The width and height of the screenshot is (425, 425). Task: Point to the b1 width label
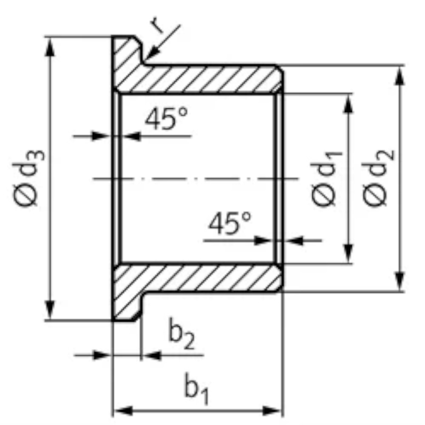click(x=196, y=388)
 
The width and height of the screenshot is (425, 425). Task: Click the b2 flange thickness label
click(x=181, y=333)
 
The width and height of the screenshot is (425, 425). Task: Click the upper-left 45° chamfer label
click(x=166, y=119)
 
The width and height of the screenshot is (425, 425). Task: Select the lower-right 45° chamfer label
click(x=230, y=224)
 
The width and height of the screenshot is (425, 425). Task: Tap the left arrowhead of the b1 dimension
click(x=123, y=411)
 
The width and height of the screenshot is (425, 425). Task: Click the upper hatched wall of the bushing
click(x=206, y=79)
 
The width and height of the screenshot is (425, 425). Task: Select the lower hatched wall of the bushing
click(x=206, y=278)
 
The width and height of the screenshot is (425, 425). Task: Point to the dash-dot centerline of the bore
click(x=195, y=178)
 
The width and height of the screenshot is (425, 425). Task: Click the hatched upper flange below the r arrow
click(x=126, y=54)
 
